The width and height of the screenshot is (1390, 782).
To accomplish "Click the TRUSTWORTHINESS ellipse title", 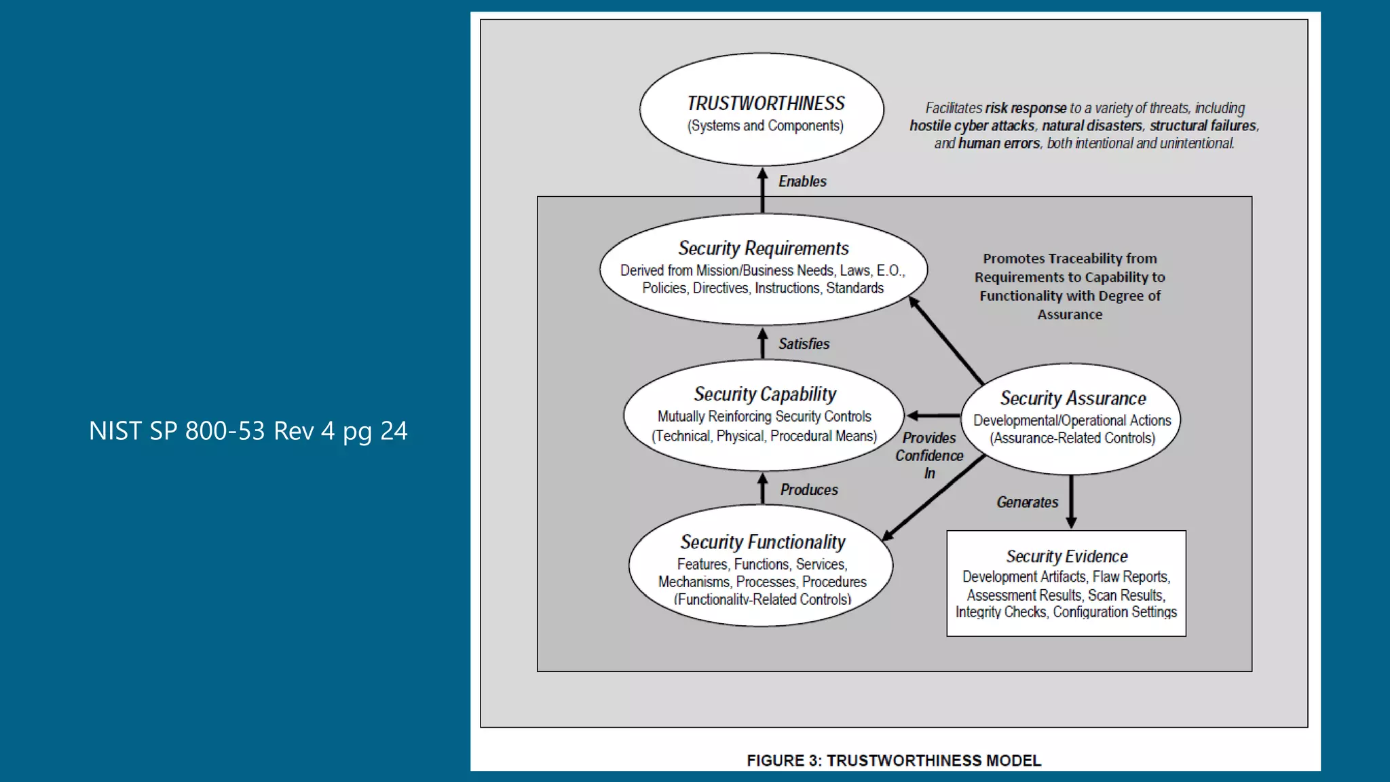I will tap(766, 103).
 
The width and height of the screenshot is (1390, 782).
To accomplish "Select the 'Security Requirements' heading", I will tap(764, 248).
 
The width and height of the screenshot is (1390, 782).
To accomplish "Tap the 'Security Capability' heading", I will tap(765, 394).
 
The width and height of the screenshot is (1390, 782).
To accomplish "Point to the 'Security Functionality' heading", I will tap(763, 542).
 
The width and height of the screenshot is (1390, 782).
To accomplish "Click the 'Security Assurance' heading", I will tap(1073, 398).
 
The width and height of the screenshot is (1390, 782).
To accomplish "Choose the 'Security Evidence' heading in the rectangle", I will tap(1066, 557).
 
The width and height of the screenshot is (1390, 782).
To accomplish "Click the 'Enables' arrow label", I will tap(802, 181).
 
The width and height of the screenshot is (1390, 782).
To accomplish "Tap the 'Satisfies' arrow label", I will tap(804, 344).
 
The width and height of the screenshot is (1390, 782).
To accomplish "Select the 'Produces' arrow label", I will tap(809, 489).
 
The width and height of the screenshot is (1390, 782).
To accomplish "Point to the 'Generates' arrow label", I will tap(1027, 502).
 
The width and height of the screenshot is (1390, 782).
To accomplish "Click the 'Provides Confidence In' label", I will tap(929, 455).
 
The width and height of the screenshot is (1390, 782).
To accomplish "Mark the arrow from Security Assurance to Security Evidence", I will tap(1071, 502).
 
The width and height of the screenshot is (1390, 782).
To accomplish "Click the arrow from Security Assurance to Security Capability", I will tap(933, 415).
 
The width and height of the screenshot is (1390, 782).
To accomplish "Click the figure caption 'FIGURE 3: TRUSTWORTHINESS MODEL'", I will tap(894, 760).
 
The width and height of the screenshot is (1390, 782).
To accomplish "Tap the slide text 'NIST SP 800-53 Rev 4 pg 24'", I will tap(248, 431).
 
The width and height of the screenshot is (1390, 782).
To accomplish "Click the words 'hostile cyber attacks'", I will tap(972, 126).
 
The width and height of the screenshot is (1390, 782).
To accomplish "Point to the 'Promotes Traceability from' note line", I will tap(1070, 259).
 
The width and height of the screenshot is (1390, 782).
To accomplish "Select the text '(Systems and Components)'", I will tap(765, 126).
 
